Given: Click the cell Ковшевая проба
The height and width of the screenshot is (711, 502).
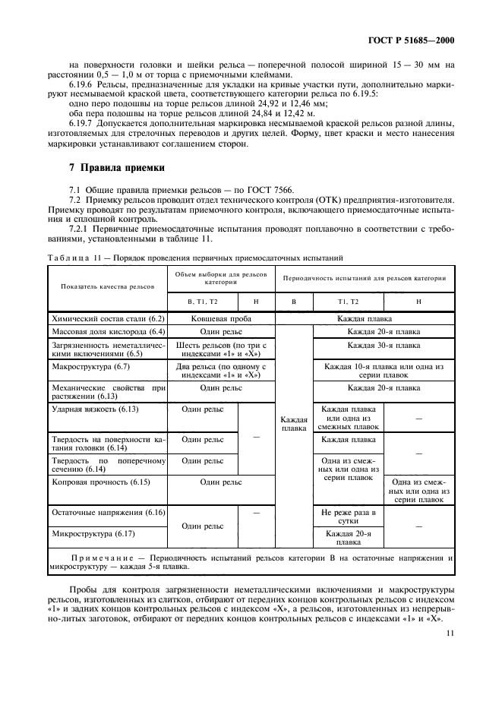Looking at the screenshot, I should (x=221, y=318).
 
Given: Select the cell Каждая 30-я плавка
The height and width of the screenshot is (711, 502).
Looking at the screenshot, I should (x=384, y=345).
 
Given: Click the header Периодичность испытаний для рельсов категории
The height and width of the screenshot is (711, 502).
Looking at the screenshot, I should (x=365, y=278).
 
